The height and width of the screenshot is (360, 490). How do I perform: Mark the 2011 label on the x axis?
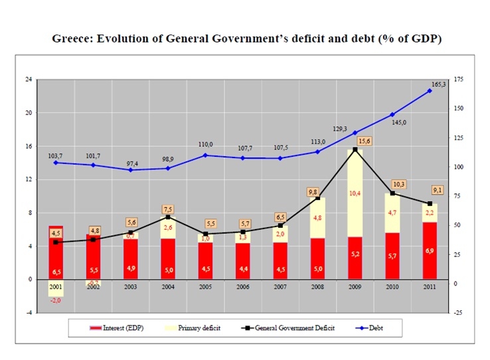coord(430,286)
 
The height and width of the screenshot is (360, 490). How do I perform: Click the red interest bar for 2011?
coord(430,250)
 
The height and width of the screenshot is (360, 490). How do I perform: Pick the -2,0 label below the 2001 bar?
coord(56,300)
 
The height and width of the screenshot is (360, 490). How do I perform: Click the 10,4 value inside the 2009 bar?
coord(355,193)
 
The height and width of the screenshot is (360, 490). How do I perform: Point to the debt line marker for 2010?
coord(392,115)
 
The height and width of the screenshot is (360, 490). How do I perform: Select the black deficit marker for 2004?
coord(169,217)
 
